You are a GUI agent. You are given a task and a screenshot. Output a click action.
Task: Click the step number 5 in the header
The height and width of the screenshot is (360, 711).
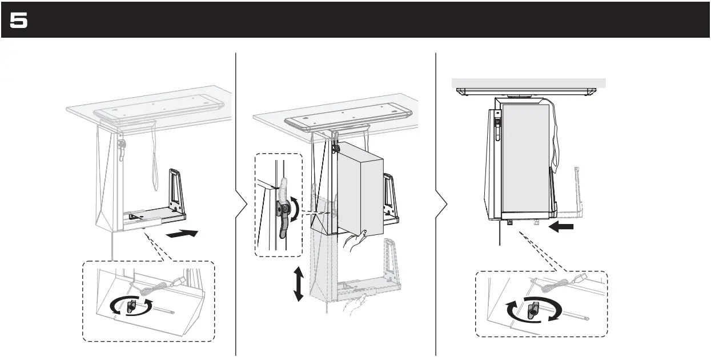pos(19,21)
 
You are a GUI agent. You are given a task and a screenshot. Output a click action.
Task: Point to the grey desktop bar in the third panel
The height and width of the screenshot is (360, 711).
pos(528,82)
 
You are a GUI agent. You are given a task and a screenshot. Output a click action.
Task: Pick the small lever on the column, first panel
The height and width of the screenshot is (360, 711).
pos(122,147)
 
